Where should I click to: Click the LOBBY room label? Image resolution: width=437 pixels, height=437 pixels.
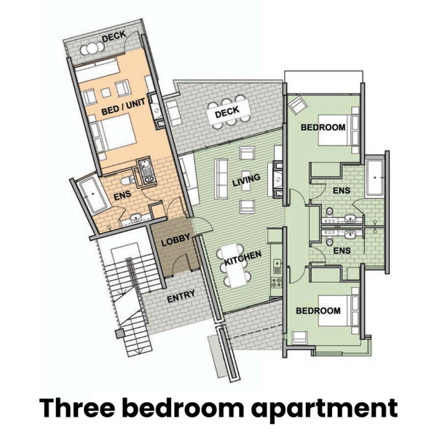pos(176,240)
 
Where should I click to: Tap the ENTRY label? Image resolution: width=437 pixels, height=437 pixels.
pos(181,296)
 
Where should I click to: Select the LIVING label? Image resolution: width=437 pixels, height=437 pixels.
pos(246,180)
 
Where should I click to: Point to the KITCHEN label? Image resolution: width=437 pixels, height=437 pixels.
pos(243,258)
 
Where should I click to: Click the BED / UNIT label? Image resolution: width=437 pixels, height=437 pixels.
pos(123,107)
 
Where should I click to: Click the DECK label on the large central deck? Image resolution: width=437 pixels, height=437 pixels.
pos(227,111)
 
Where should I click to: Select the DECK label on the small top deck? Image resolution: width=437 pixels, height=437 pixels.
pos(114,37)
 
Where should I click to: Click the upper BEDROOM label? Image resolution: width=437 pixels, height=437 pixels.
pos(323,127)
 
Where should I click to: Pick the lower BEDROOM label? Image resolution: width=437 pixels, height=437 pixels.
pos(318,311)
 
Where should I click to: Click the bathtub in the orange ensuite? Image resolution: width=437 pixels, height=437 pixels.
pos(92,196)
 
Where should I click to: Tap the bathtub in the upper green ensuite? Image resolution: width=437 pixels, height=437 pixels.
pos(374,178)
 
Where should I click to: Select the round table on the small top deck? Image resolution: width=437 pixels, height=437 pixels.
pos(92,50)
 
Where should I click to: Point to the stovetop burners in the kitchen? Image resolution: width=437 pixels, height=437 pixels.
pos(276,283)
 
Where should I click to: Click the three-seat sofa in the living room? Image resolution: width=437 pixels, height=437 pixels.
pos(221,178)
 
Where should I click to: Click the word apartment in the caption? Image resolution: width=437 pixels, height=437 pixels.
pos(324,409)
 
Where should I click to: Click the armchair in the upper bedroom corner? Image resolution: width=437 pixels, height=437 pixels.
pos(297,104)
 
